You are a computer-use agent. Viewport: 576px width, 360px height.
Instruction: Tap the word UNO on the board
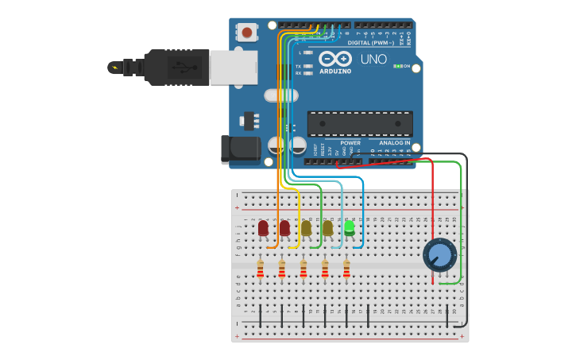pos(373,59)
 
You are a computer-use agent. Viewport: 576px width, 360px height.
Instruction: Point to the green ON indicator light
pos(396,66)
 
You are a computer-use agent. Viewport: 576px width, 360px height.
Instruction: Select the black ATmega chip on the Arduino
pos(360,123)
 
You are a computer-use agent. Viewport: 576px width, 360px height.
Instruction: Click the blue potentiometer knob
pos(439,254)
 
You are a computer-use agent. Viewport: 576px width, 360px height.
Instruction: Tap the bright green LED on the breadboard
pos(349,228)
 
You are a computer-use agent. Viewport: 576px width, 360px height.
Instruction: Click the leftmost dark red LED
pos(263,229)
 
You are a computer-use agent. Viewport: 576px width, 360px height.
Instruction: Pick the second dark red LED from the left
pos(284,229)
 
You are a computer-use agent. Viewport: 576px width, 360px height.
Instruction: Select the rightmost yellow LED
pos(327,229)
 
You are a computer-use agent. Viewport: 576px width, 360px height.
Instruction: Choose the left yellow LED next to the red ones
pos(306,229)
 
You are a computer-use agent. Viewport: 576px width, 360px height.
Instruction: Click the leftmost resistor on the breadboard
pos(261,269)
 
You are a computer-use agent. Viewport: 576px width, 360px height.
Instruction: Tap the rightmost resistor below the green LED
pos(346,269)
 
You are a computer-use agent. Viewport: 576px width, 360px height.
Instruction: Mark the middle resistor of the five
pos(303,269)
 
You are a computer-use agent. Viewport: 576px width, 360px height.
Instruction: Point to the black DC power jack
pos(241,148)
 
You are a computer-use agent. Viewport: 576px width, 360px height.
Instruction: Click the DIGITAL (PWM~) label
pos(370,43)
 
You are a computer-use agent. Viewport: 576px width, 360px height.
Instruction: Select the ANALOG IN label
pos(394,143)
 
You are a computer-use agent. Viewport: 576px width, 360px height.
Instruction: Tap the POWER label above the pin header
pos(350,143)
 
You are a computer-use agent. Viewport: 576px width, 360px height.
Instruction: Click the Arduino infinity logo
pos(335,58)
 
